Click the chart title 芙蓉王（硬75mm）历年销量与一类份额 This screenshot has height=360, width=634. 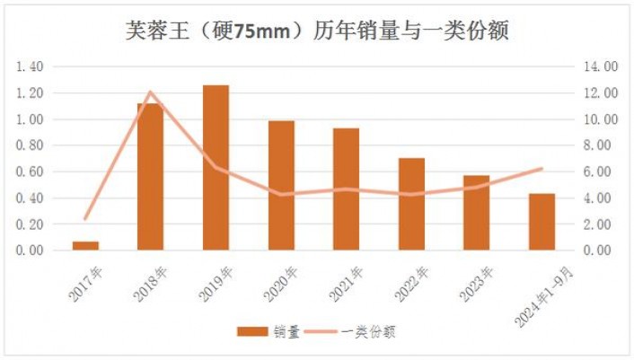pyautogui.click(x=317, y=32)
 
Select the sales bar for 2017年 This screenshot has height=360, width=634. pyautogui.click(x=85, y=245)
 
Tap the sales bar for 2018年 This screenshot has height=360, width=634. pyautogui.click(x=151, y=177)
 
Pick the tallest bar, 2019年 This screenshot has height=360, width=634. pyautogui.click(x=216, y=168)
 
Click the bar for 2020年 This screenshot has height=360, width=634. pyautogui.click(x=281, y=186)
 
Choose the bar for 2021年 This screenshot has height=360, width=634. pyautogui.click(x=346, y=189)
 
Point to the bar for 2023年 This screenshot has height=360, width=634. pyautogui.click(x=476, y=213)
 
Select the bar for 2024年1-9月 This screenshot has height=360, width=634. pyautogui.click(x=542, y=222)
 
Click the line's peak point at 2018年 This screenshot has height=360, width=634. pyautogui.click(x=151, y=92)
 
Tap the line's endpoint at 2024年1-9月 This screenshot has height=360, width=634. pyautogui.click(x=542, y=168)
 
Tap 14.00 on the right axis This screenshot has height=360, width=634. pyautogui.click(x=599, y=66)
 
